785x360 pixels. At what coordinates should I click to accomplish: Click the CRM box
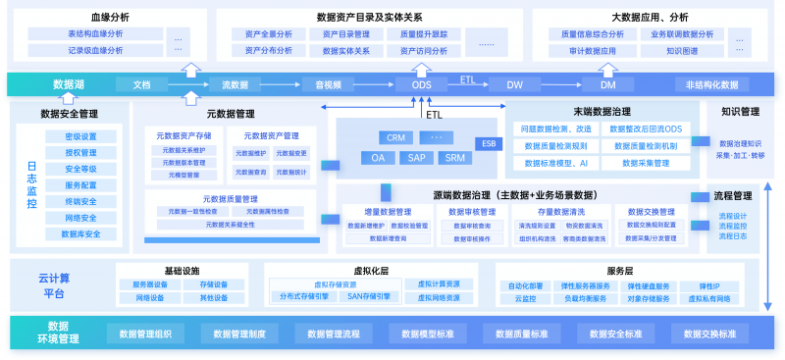pos(396,137)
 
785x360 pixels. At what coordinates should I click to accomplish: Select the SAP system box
pos(417,157)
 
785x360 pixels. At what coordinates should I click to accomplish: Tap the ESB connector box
pos(488,143)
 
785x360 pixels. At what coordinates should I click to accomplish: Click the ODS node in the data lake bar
pos(421,84)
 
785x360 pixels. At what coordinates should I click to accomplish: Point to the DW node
pos(514,84)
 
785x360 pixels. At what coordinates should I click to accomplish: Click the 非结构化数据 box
pos(711,84)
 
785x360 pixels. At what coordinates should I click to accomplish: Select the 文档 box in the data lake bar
pos(142,84)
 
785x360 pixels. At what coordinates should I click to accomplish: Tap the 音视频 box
pos(328,84)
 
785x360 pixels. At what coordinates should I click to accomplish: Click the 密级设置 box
pos(80,136)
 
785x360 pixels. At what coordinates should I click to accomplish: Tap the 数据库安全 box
pos(80,234)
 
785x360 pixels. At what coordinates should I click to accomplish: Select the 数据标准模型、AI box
pos(555,163)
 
